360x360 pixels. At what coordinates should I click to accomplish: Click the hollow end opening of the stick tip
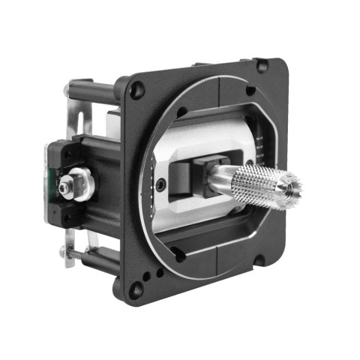pos(294,181)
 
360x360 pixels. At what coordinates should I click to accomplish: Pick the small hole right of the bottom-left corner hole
pos(180,256)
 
